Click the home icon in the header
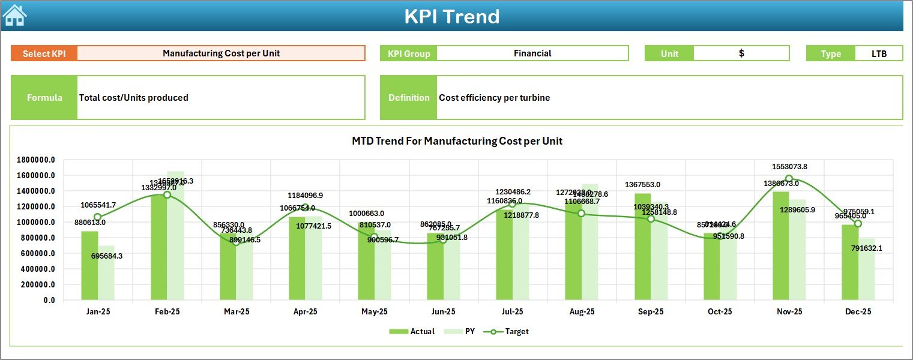click(x=15, y=16)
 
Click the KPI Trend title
click(x=451, y=16)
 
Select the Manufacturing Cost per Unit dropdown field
click(x=221, y=53)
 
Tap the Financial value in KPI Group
click(x=532, y=53)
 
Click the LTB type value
click(x=879, y=53)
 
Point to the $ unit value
click(x=741, y=53)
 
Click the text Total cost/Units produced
click(x=134, y=98)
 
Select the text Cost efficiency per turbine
click(x=494, y=98)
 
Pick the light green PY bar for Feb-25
click(x=176, y=240)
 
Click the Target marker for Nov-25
click(x=789, y=179)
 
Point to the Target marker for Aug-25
click(x=581, y=214)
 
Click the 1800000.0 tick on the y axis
click(x=36, y=160)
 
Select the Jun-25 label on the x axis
click(x=443, y=312)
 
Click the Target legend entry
click(x=510, y=331)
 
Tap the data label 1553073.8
click(x=789, y=167)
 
